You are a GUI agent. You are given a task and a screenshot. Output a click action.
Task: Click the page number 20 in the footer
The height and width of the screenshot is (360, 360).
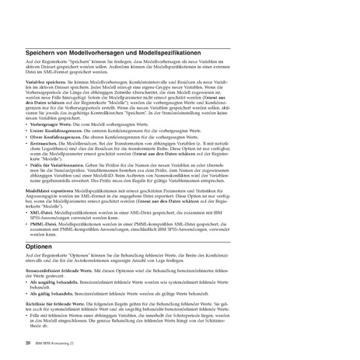[29, 341]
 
